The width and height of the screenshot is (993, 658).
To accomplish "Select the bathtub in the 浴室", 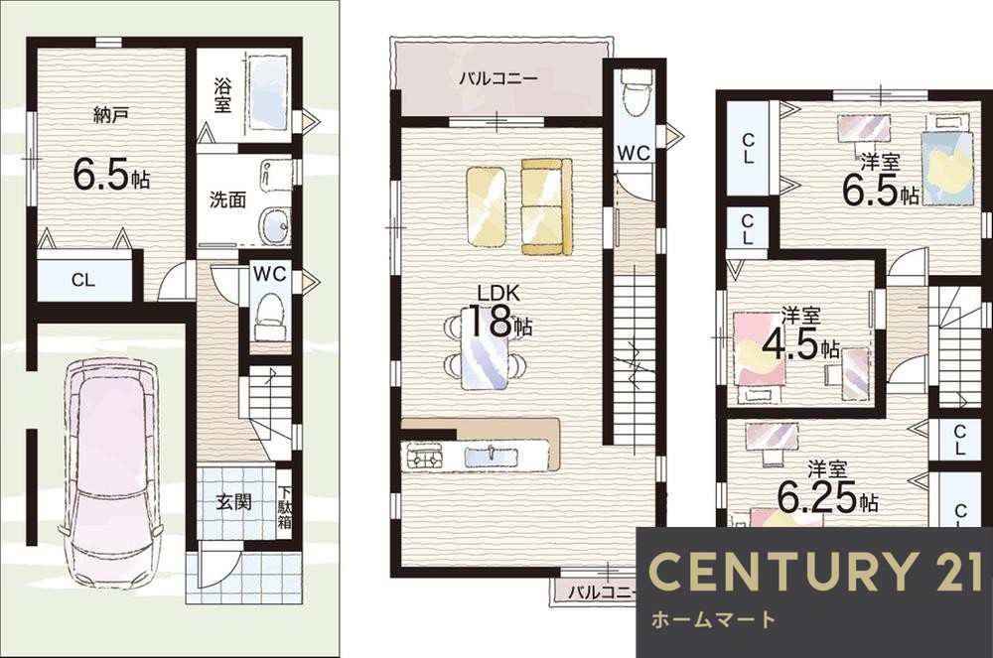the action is (269, 93).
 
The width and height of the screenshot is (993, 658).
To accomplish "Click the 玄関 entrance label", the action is (233, 502).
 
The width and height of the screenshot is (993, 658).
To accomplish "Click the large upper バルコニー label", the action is (498, 78).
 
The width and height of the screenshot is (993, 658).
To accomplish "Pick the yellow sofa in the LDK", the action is (546, 206).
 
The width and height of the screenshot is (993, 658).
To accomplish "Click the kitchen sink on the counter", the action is (491, 456).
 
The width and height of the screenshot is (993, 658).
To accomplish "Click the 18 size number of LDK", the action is (490, 321).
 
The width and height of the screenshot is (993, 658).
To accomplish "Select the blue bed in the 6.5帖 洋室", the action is (946, 160).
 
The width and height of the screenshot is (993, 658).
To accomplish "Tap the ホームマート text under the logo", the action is (713, 618).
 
